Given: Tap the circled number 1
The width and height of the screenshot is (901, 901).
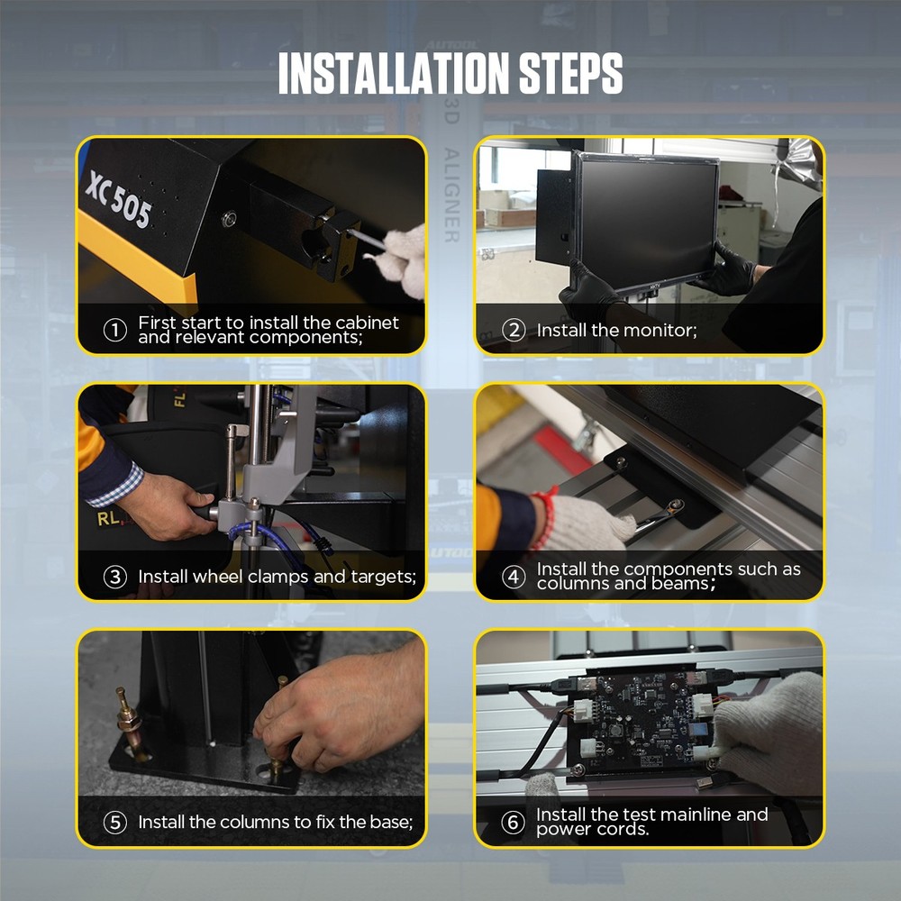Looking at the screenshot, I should pos(115,331).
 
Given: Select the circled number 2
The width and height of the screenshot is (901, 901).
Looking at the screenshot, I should pos(514,331).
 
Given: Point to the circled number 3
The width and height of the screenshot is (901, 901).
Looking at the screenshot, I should pos(115,577).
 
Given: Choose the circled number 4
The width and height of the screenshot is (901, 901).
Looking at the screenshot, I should pos(514,577).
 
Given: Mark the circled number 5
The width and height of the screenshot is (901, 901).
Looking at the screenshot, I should pos(115,823).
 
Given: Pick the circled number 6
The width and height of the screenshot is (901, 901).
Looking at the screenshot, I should pos(514,823).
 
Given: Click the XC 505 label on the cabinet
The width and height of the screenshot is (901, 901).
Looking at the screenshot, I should pos(118,198).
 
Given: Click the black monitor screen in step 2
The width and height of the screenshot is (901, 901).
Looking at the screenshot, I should pos(645,216).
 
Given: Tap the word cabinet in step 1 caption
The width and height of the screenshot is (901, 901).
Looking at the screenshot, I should pos(367,323).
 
